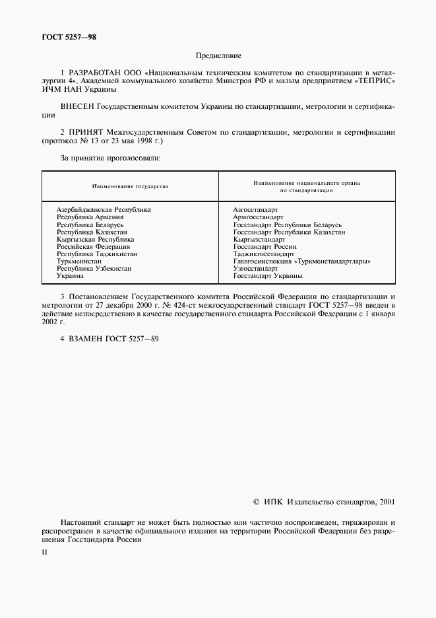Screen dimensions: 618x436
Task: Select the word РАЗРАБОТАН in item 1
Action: [x=92, y=75]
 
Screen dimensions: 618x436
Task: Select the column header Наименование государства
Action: [x=130, y=186]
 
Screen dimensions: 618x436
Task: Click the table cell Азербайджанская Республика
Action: [x=104, y=209]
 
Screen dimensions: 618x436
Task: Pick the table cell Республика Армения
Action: [x=90, y=217]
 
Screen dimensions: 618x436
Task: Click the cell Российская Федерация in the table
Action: [x=94, y=246]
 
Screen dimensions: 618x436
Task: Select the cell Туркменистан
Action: [x=79, y=261]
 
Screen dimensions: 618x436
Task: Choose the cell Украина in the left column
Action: [x=70, y=276]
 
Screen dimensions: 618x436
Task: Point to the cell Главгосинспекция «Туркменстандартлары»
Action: [x=301, y=261]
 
